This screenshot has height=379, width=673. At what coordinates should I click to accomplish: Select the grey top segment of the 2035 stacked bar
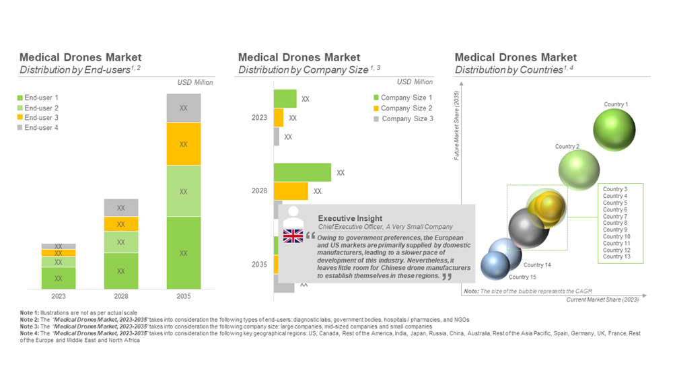tap(184, 108)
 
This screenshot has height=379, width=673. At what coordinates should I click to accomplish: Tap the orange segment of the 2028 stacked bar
tap(121, 224)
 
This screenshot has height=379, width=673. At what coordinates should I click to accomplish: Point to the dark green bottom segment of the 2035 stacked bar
tap(184, 253)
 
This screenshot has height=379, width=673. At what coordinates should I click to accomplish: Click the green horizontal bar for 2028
tap(302, 172)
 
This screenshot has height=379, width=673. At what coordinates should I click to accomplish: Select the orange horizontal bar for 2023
tap(279, 118)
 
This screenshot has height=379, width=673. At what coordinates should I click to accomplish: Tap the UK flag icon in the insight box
tap(293, 236)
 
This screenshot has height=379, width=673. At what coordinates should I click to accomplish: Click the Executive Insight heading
tap(350, 218)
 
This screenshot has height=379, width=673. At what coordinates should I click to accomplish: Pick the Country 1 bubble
tap(614, 130)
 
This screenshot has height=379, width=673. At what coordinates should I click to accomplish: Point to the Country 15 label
tap(523, 277)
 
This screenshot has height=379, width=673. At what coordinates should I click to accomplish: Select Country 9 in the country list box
tap(614, 230)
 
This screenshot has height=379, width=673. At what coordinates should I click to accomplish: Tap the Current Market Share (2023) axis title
tap(602, 300)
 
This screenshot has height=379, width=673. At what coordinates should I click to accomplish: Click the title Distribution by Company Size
tap(303, 69)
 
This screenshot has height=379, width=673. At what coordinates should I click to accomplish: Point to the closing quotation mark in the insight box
tap(447, 277)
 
